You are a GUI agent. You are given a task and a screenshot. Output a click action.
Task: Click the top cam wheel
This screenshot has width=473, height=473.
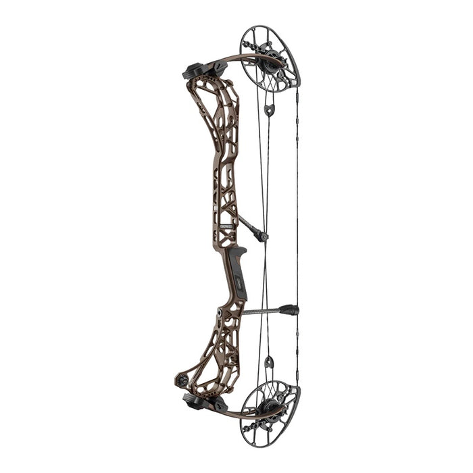270,57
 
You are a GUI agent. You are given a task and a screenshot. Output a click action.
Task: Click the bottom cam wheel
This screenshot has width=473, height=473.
270,412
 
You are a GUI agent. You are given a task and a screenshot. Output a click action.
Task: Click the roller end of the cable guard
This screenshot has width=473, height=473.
262,236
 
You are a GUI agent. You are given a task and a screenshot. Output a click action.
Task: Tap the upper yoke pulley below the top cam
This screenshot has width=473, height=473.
269,110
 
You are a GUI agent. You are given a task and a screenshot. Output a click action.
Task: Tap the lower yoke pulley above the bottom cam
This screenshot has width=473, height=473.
269,363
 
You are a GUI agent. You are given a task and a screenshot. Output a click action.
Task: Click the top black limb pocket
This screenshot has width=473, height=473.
196,70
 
